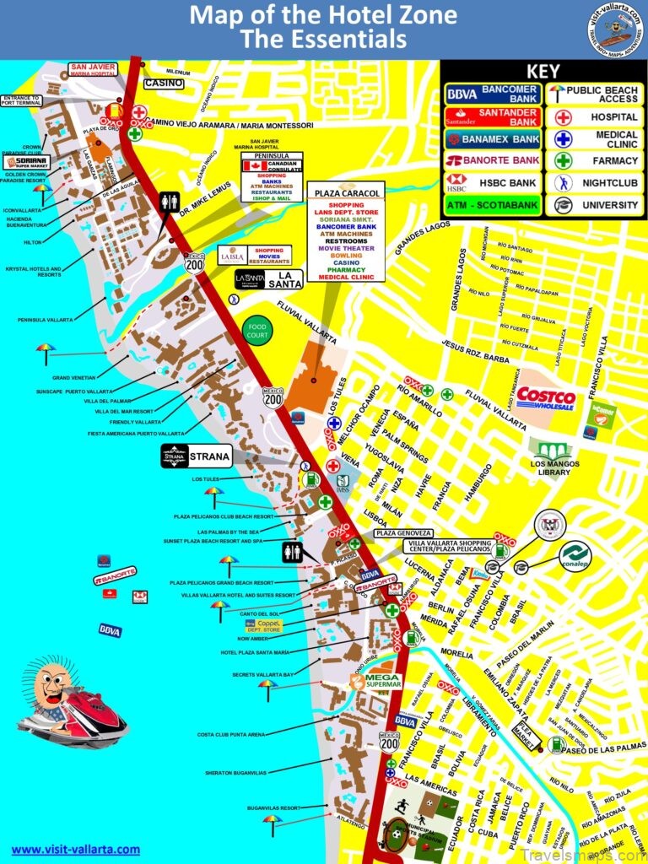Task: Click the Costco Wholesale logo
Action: (x=546, y=397)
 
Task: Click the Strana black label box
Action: (x=196, y=456)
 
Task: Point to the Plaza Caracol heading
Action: (x=346, y=192)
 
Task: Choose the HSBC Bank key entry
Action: (x=492, y=181)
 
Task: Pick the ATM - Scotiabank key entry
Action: (x=493, y=205)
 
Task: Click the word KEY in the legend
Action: (x=543, y=71)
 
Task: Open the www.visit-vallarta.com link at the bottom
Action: (x=75, y=849)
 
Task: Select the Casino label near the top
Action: (x=164, y=84)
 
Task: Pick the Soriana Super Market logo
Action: (x=27, y=162)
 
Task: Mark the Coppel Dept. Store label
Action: (x=263, y=625)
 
